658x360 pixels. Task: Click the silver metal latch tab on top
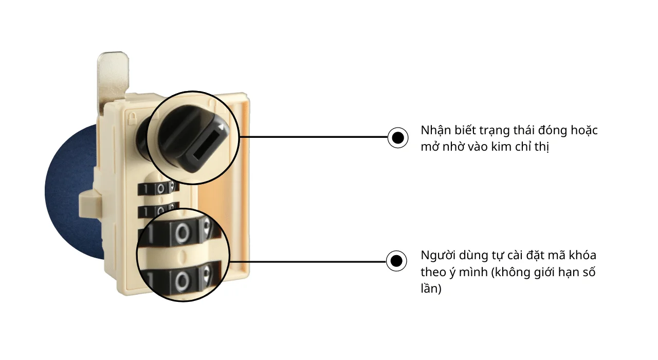[x=113, y=79]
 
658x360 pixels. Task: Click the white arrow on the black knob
[x=221, y=127]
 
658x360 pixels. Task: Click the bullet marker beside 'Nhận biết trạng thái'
[x=398, y=137]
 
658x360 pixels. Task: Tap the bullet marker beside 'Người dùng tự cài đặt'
[x=396, y=261]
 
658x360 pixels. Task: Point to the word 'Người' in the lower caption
[x=437, y=256]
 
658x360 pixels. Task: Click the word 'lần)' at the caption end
[x=431, y=289]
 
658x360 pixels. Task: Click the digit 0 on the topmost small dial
[x=160, y=188]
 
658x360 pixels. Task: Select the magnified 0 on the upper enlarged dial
[x=182, y=233]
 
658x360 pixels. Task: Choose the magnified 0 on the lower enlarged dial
[x=182, y=281]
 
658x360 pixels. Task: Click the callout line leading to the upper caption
[x=314, y=137]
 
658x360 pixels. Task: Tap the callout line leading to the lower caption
[x=307, y=261]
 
